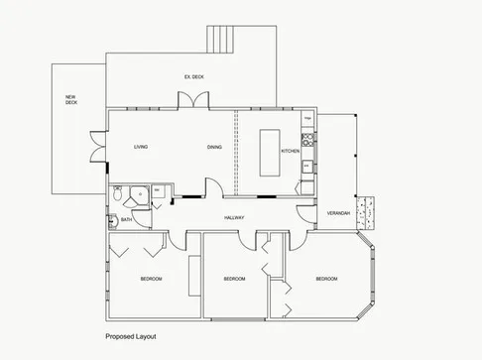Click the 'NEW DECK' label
coord(71,99)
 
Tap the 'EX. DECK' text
coord(193,76)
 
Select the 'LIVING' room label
coord(141,148)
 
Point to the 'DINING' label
coord(214,148)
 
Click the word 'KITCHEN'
coord(290,151)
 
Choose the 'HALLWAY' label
coord(234,217)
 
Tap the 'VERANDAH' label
coord(338,213)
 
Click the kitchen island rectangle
coord(272,152)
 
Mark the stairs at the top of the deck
coord(223,39)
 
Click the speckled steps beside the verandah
coord(369,208)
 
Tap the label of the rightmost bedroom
coord(326,279)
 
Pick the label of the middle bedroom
coord(234,279)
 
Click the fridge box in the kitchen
coord(308,120)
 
